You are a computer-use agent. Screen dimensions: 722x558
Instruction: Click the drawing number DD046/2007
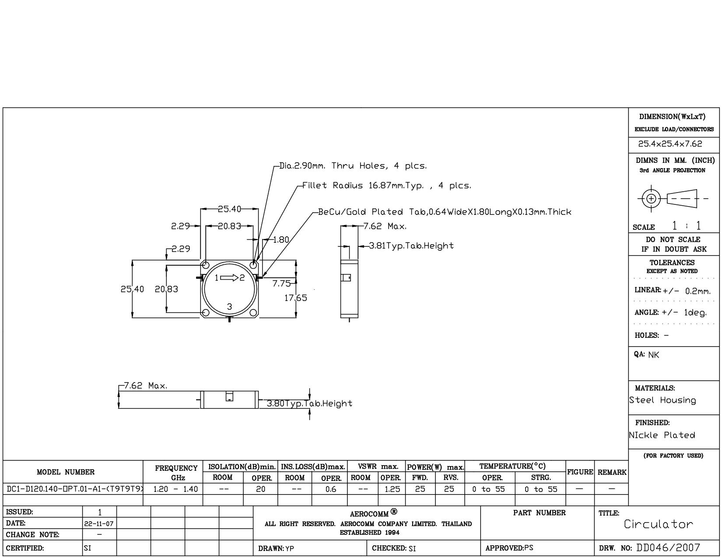pos(668,547)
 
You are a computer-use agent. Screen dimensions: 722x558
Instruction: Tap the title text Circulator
pos(659,524)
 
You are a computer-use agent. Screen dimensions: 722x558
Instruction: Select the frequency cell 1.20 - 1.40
pos(175,489)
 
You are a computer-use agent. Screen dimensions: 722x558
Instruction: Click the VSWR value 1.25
pos(392,489)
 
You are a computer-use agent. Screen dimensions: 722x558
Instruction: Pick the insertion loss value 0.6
pos(331,489)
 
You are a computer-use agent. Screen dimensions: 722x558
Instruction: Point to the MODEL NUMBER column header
pos(66,472)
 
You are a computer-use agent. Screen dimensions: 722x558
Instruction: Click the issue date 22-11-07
pos(99,524)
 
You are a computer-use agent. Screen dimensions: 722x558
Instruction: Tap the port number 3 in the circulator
pos(229,306)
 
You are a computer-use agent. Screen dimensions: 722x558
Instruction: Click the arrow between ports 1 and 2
pos(229,277)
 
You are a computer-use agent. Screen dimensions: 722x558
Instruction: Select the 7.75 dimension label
pos(281,284)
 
